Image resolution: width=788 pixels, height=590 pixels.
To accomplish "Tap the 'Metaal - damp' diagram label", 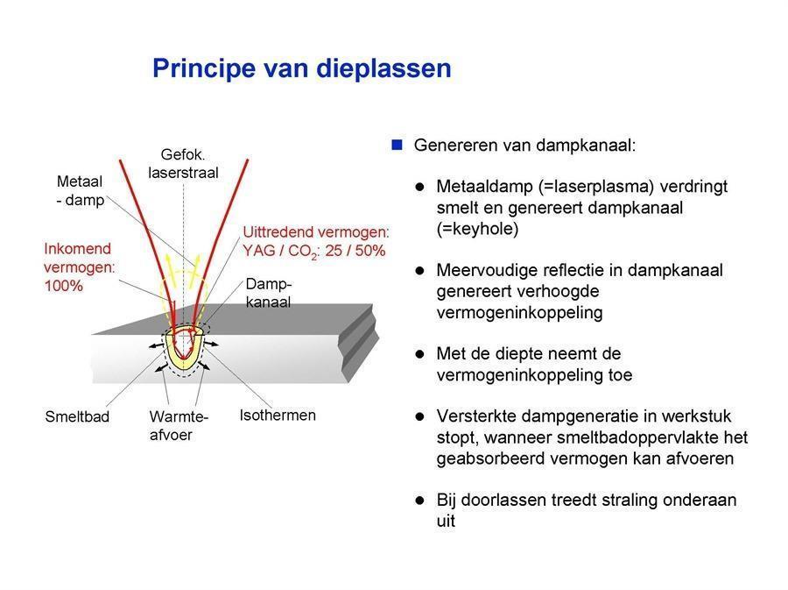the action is (x=81, y=190).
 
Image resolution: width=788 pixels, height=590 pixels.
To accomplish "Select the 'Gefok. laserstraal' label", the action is (x=183, y=163).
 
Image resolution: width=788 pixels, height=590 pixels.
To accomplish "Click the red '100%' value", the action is (x=63, y=286).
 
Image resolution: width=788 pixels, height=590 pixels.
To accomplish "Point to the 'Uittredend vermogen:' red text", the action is (x=316, y=231).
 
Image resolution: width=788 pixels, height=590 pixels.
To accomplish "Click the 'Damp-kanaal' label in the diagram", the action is (x=269, y=293).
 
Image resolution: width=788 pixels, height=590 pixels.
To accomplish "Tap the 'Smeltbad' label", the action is (x=77, y=416).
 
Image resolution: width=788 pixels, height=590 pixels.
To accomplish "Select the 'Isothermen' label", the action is (x=278, y=416).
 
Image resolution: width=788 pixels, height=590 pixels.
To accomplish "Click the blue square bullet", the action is (x=397, y=145).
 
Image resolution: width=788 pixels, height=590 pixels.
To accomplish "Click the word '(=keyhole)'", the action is (x=477, y=229).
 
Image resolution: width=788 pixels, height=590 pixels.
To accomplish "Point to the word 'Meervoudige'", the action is (x=484, y=271).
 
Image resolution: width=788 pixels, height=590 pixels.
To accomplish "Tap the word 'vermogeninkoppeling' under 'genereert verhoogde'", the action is (x=519, y=313).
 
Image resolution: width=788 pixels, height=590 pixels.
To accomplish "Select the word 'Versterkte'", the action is (x=475, y=416).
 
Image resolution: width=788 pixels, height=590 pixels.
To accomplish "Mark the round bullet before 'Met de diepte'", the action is (x=419, y=354).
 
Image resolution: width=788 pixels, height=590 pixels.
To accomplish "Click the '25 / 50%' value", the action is (x=355, y=250).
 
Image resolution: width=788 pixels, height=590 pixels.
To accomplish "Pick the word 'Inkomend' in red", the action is (x=77, y=248).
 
